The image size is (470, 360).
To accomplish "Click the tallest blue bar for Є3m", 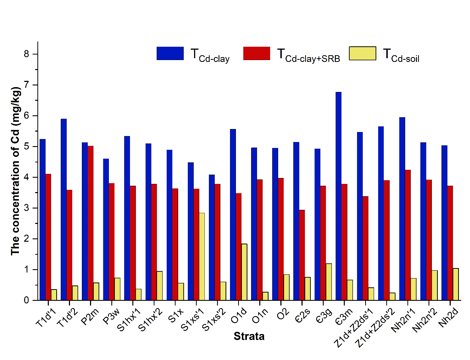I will (x=339, y=196).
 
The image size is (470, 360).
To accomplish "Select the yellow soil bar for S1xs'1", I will (x=202, y=257).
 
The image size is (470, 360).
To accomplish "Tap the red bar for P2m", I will (x=90, y=223).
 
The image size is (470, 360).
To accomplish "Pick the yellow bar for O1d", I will (x=244, y=272).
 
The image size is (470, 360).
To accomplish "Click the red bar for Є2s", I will (x=302, y=255).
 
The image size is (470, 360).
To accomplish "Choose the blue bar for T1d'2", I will (x=64, y=209).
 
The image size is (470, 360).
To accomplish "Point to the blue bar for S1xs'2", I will (x=212, y=237).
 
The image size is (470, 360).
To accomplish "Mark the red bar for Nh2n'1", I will (x=408, y=235).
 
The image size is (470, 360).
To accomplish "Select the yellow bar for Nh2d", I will (x=456, y=284).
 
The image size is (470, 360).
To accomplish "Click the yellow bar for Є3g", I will (x=329, y=282).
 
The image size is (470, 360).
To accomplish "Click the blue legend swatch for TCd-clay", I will (x=170, y=53).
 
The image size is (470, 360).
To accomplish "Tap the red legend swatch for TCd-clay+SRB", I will (x=257, y=53).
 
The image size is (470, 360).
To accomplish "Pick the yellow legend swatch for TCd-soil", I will (x=363, y=53).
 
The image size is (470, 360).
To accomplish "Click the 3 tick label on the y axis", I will (x=26, y=208).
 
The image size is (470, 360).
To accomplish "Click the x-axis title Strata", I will (x=249, y=336).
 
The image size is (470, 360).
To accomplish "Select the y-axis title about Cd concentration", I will (x=15, y=171).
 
